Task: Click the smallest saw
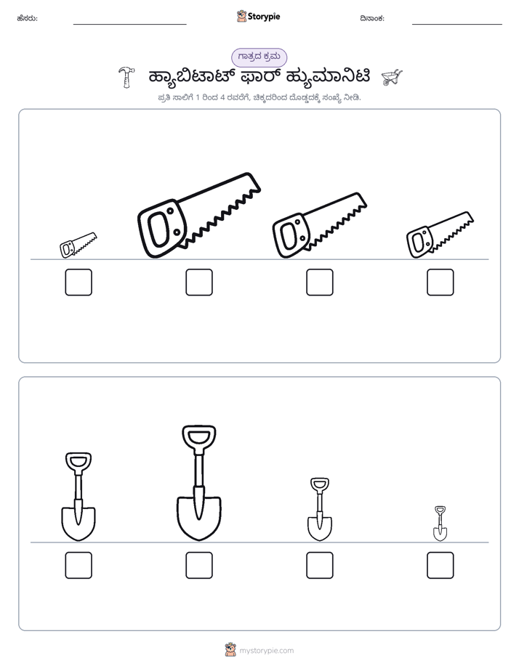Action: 78,245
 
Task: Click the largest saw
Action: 198,216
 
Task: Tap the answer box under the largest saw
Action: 199,282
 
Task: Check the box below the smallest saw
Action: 79,282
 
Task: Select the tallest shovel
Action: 199,483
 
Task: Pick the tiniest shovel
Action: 440,524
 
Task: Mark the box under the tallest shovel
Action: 199,565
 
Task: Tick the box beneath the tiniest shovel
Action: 440,565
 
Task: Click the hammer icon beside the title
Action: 126,77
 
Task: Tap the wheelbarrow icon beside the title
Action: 392,77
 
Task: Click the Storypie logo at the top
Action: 258,16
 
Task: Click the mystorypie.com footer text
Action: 266,651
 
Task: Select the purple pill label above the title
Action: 259,57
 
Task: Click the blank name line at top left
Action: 129,25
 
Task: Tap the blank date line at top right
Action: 457,25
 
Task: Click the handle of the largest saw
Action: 162,228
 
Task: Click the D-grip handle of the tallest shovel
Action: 199,437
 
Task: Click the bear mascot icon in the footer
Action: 230,650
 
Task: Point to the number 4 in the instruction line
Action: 222,97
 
